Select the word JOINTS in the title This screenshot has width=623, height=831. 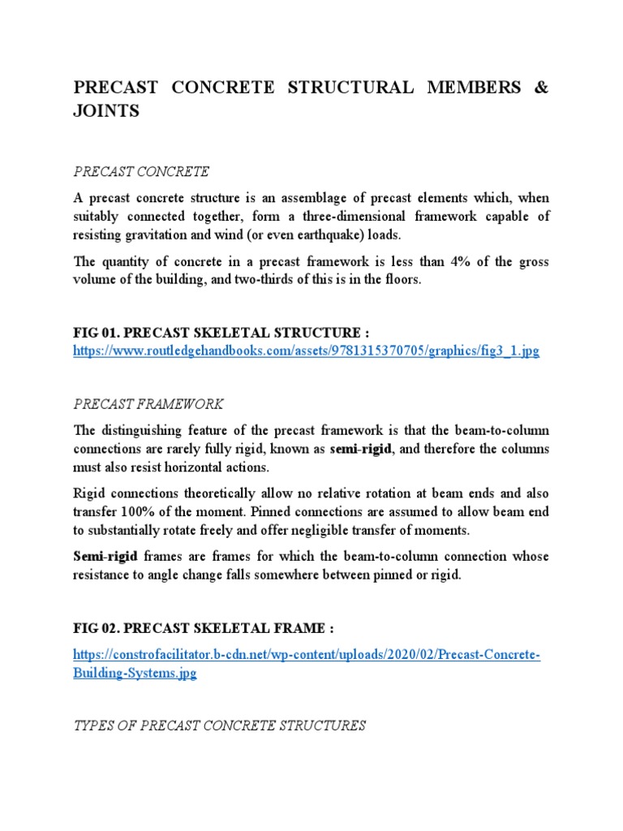tap(106, 112)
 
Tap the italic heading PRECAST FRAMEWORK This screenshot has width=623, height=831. tap(148, 403)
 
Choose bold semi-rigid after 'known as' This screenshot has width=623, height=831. tap(360, 449)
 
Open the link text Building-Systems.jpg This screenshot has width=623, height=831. tap(135, 674)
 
